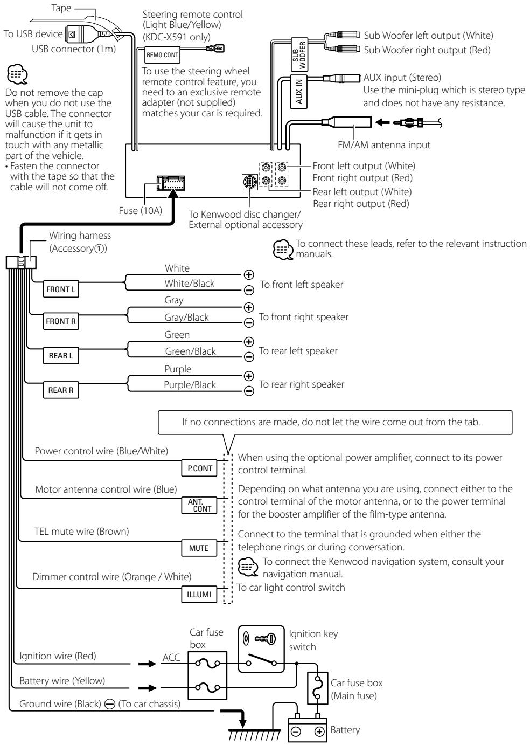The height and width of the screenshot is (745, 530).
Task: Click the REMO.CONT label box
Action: [163, 55]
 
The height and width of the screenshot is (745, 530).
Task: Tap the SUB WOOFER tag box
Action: [299, 54]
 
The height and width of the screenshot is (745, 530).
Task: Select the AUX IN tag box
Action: [298, 92]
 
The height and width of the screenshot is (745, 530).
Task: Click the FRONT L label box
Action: [61, 289]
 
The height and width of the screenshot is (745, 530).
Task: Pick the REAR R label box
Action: [61, 390]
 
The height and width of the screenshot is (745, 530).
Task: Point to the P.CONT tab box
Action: [199, 468]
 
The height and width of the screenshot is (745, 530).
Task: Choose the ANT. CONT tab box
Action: [199, 505]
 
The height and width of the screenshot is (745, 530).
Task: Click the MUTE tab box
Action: [199, 548]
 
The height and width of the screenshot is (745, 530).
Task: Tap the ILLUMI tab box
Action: [199, 594]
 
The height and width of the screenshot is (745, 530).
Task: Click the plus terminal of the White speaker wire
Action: [249, 275]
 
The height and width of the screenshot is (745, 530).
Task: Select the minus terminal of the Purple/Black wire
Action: [249, 390]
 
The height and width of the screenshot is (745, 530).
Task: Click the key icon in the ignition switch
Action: [265, 639]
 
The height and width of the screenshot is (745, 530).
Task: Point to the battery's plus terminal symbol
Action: [319, 732]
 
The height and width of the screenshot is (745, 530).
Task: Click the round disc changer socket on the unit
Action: [250, 182]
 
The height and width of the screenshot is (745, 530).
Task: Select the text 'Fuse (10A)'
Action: [140, 211]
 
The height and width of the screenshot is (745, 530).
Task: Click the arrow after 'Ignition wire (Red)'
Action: [147, 664]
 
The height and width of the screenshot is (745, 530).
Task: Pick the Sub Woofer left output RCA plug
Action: [342, 35]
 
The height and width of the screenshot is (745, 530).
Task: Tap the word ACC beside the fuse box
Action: [171, 657]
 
